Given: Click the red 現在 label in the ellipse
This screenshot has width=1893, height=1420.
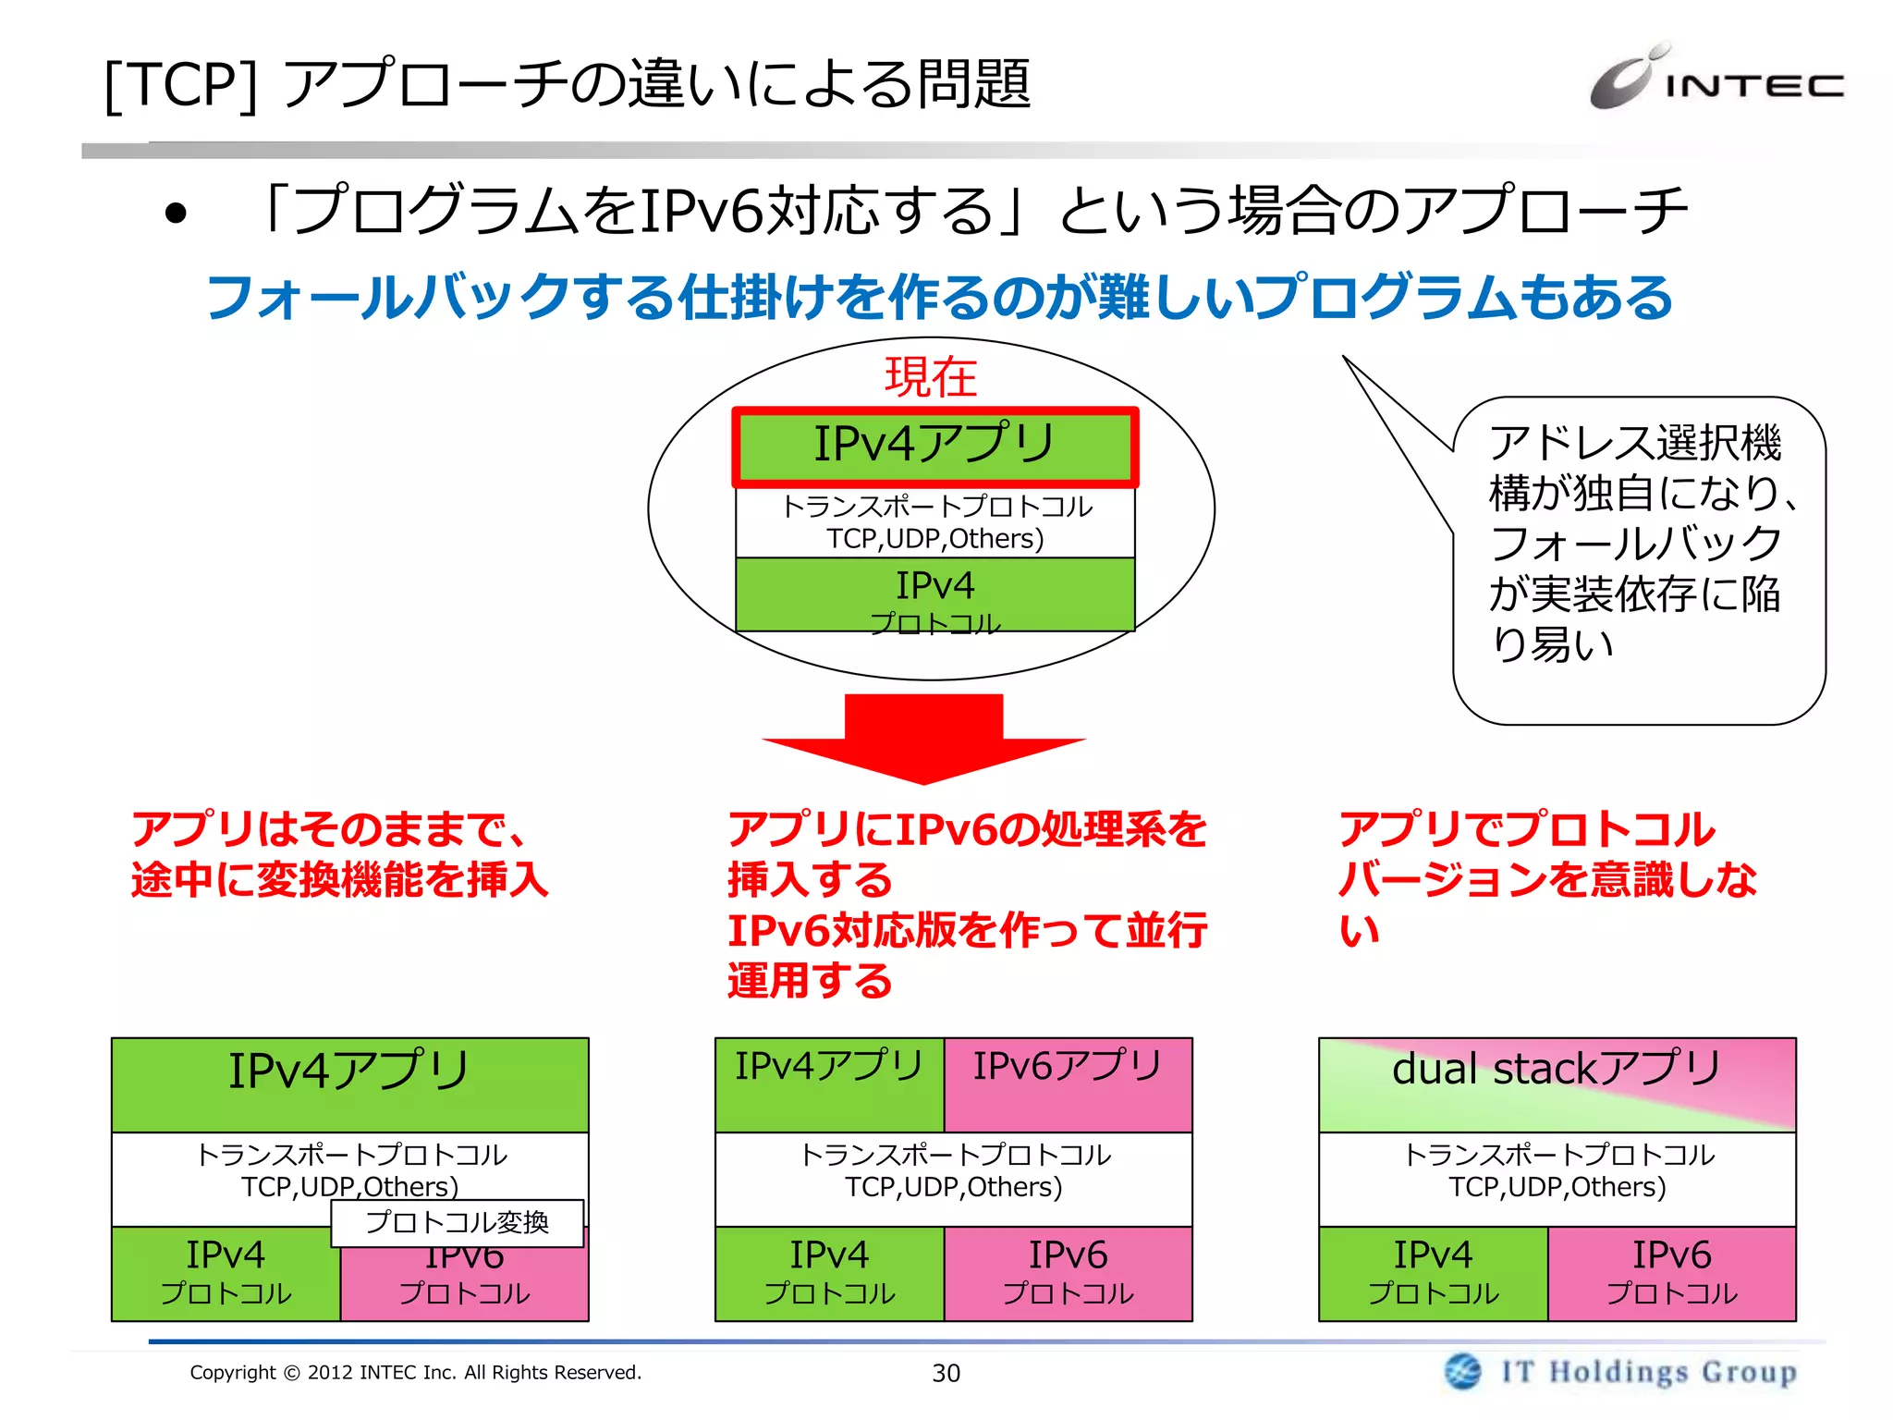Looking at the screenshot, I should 931,377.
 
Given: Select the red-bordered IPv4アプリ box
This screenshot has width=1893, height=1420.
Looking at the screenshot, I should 934,446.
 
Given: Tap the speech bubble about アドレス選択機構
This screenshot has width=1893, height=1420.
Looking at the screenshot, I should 1638,559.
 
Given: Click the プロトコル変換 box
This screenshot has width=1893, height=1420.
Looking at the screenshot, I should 458,1222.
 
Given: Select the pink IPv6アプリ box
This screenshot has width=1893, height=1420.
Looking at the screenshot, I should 1068,1083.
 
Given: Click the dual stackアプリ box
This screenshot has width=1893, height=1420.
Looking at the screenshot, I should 1557,1083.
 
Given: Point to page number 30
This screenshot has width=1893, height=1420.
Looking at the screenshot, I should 946,1373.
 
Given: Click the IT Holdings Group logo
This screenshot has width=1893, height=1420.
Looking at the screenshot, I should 1620,1371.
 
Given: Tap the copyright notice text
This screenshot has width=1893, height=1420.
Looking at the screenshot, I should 415,1372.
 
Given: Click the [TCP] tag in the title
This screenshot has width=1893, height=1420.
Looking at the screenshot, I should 181,85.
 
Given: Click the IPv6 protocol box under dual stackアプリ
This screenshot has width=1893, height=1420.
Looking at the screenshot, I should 1671,1273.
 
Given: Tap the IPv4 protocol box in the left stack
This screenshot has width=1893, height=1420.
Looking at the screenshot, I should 226,1273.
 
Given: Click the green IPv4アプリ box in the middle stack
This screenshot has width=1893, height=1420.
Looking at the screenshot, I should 829,1083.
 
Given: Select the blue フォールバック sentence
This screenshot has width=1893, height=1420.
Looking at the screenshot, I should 938,298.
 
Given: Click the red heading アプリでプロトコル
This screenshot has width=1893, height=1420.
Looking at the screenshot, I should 1527,829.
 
